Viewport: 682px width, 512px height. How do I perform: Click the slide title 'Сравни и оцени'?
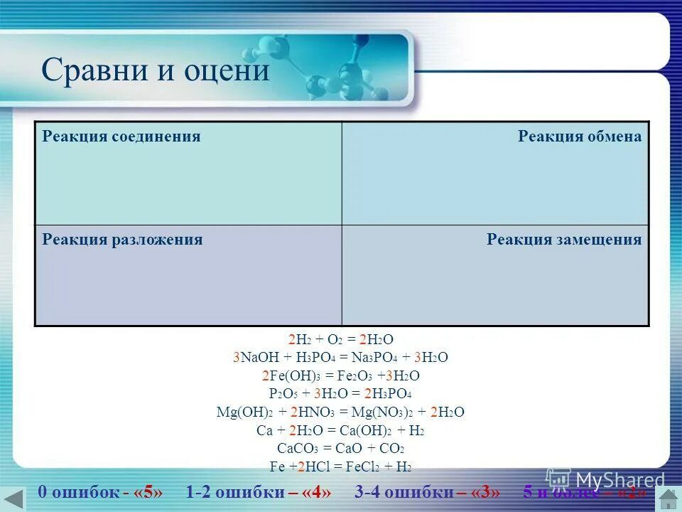pos(156,71)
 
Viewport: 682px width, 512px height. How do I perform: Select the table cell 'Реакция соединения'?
pos(121,137)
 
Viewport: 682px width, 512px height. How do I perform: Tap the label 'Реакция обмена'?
pos(579,137)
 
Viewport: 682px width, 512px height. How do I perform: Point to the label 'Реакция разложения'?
pos(122,240)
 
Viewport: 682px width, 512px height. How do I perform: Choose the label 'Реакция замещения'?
pos(564,240)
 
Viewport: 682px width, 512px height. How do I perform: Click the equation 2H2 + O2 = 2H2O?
pos(340,339)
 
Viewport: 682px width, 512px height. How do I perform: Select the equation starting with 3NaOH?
pos(340,358)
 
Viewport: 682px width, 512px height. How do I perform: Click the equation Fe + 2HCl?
pos(340,467)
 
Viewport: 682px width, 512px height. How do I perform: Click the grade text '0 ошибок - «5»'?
pos(105,493)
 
